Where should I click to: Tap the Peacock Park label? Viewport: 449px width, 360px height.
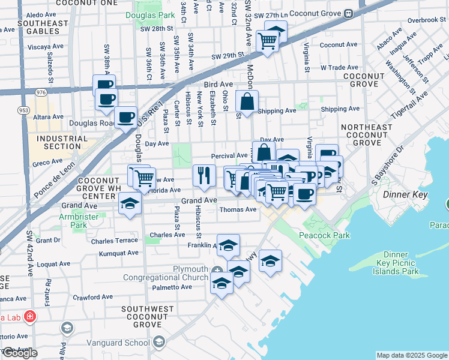pos(326,235)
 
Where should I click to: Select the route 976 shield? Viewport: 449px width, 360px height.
pos(41,92)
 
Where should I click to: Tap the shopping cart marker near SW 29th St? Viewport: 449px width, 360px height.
pos(267,41)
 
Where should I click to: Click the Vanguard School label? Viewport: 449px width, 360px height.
pos(127,343)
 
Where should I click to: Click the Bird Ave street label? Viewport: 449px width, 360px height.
pos(218,85)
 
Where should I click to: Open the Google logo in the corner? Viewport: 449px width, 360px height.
pos(20,353)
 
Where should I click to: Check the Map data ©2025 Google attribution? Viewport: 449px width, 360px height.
pos(411,355)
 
